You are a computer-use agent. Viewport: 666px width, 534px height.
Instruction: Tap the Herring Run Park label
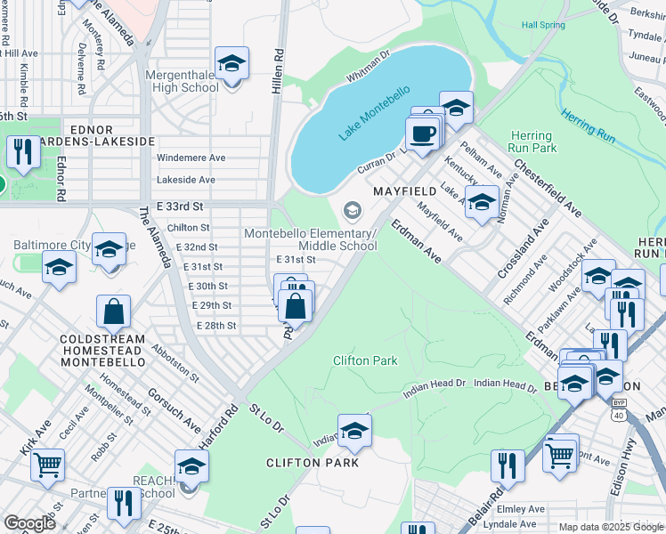pos(532,142)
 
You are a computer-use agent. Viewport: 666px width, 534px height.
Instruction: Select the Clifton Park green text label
pos(365,360)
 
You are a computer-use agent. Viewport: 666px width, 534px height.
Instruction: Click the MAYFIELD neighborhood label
pos(404,191)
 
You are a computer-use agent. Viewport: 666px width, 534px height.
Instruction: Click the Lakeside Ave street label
pos(186,180)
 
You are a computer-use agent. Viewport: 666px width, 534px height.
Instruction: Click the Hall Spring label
pos(544,26)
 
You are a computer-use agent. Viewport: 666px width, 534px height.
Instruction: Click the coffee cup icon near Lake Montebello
pos(421,133)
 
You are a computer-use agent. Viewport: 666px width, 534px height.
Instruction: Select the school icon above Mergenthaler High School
pos(232,63)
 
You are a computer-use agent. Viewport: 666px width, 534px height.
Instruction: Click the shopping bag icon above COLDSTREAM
pos(114,311)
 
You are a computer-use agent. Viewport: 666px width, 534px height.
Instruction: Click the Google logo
pos(29,523)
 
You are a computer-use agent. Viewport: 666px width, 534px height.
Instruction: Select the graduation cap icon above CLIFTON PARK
pos(354,432)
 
